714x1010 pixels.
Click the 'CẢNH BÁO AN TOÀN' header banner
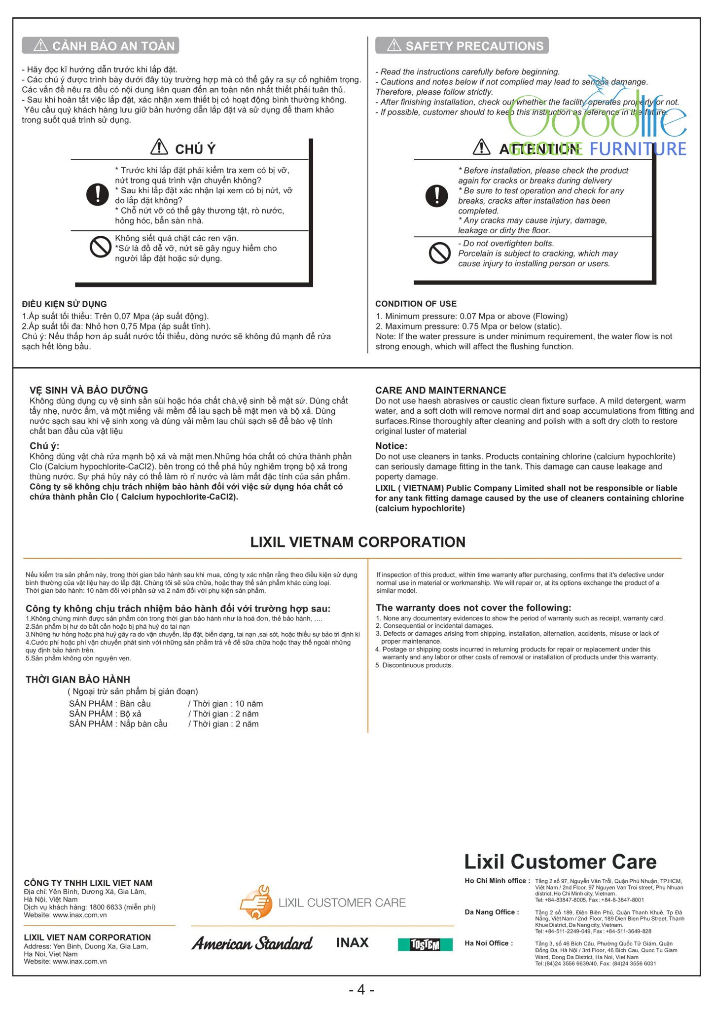point(101,46)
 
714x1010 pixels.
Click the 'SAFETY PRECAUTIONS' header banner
point(462,46)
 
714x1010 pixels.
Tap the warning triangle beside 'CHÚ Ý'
point(159,147)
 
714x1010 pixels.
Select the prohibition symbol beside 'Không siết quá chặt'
point(100,247)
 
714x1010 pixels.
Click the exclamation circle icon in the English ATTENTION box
point(436,196)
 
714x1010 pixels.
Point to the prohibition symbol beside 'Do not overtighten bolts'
point(439,253)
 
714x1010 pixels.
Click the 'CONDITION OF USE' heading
point(416,304)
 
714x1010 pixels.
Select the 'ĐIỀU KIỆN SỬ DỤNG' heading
point(64,304)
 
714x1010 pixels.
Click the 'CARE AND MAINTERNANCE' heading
point(440,390)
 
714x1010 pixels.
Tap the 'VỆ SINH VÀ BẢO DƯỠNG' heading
point(89,390)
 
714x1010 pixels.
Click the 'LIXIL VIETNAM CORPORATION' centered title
point(357,542)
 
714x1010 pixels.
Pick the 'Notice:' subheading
point(391,446)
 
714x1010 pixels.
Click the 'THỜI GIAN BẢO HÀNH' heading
point(78,680)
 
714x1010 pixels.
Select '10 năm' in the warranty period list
point(249,704)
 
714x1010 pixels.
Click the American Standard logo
point(252,943)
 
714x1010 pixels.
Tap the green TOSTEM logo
point(425,944)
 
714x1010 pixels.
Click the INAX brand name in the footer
point(352,943)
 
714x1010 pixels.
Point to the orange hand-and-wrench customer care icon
point(256,902)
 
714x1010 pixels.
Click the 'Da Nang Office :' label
point(492,912)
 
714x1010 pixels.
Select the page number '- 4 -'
point(361,990)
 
